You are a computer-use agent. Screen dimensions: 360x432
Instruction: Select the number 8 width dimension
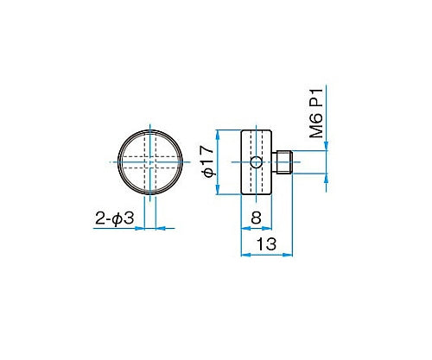pos(256,218)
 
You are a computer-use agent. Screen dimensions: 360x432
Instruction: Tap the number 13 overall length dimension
pos(266,244)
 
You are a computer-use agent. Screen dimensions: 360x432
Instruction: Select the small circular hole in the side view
pos(256,163)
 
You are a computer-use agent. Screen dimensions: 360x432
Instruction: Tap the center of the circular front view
pos(149,162)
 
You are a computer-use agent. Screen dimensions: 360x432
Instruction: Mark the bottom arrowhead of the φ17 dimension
pos(219,192)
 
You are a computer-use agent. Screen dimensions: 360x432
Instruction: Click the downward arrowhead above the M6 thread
pos(327,148)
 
